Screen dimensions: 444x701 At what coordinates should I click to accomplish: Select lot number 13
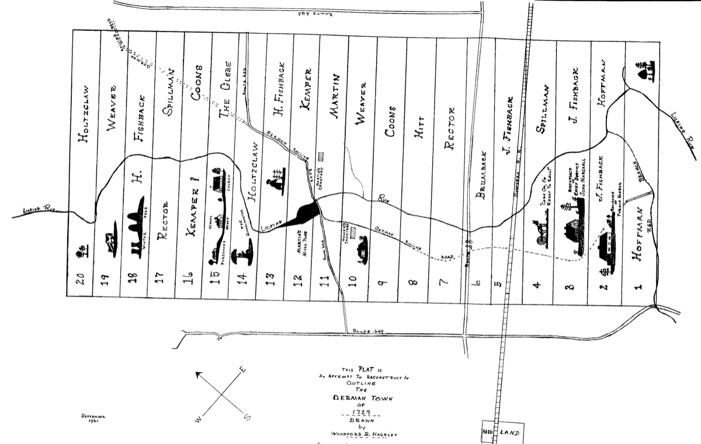pyautogui.click(x=270, y=281)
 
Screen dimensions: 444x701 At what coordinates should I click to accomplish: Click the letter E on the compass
pyautogui.click(x=244, y=369)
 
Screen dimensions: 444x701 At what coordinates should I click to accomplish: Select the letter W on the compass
pyautogui.click(x=199, y=419)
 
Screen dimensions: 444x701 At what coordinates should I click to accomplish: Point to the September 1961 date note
pyautogui.click(x=93, y=418)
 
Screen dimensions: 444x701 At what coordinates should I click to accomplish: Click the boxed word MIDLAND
pyautogui.click(x=502, y=433)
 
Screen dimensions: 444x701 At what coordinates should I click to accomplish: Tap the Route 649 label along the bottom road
pyautogui.click(x=367, y=331)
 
